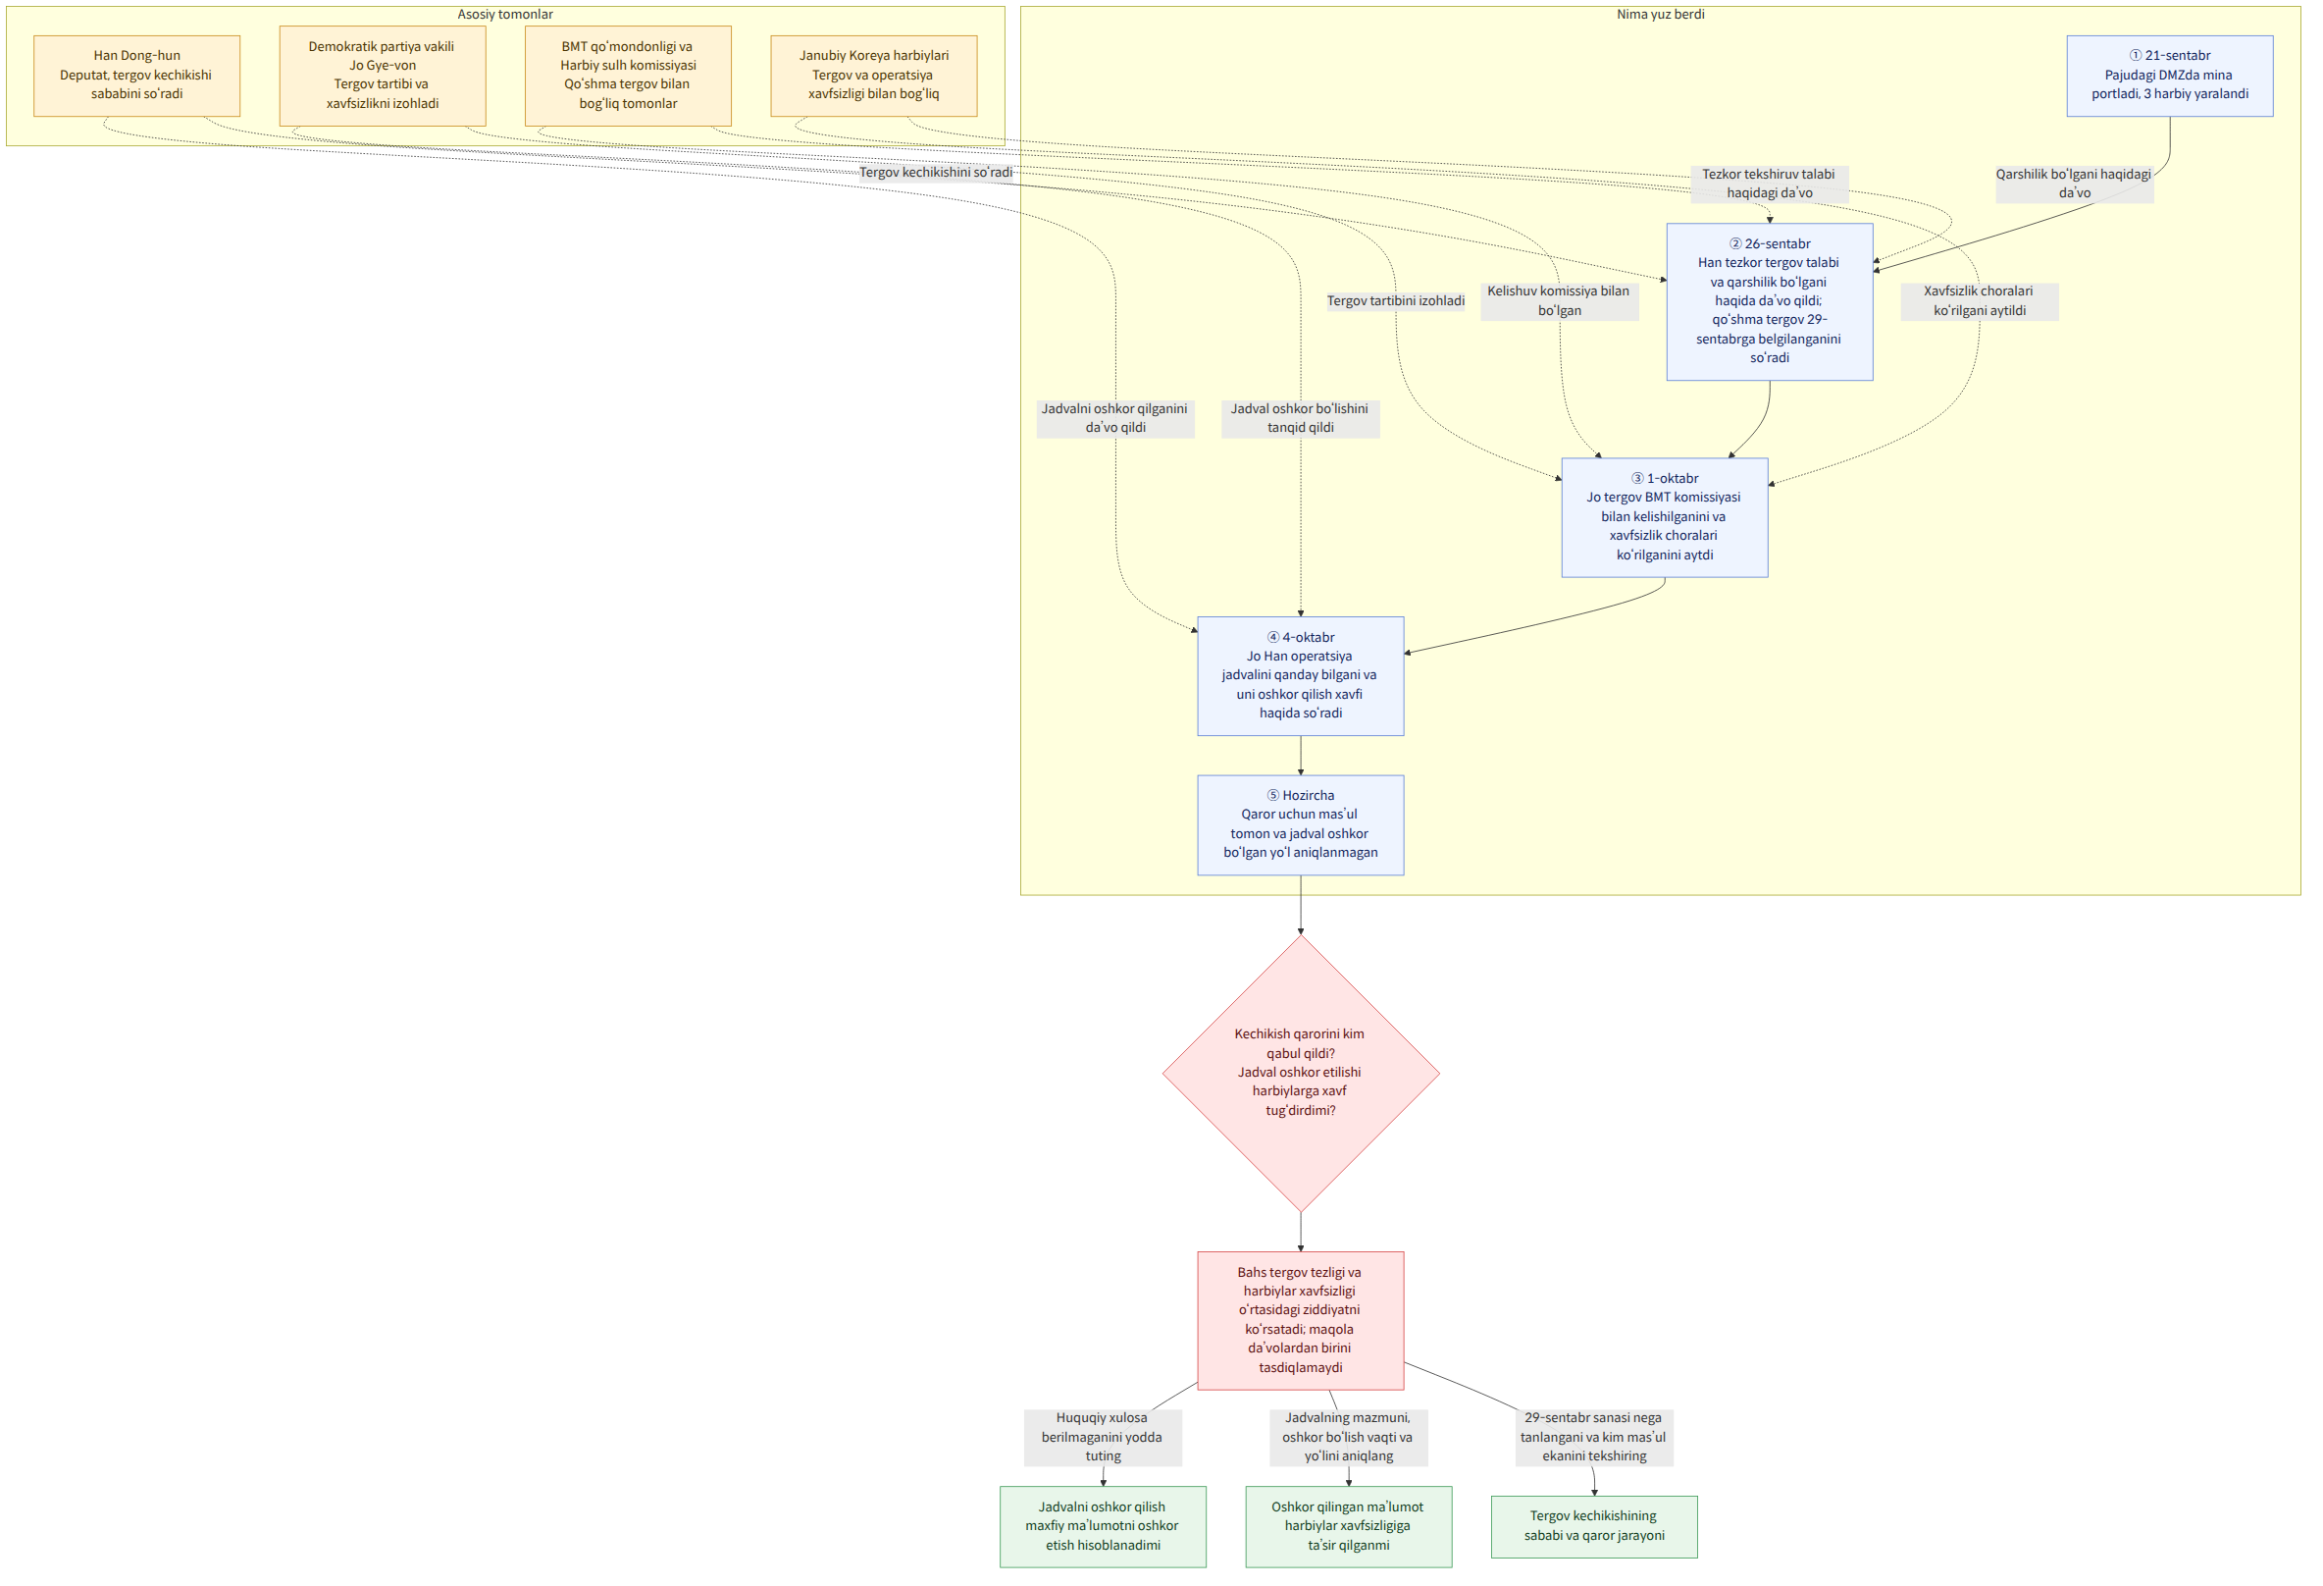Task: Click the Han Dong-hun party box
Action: tap(137, 76)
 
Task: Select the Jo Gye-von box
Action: tap(383, 76)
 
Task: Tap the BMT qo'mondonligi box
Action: tap(628, 76)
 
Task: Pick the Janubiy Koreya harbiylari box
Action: tap(874, 76)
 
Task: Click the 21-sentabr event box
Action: tap(2170, 76)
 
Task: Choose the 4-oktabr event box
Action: tap(1301, 676)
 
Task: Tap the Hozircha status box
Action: tap(1301, 825)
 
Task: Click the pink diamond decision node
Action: tap(1301, 1073)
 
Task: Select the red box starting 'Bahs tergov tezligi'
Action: tap(1301, 1320)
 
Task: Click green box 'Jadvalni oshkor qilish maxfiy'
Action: tap(1103, 1526)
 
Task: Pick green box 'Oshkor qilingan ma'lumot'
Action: tap(1349, 1526)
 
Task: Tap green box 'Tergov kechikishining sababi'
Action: tap(1594, 1526)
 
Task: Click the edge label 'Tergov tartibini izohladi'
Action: tap(1395, 301)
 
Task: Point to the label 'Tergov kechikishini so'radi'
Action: tap(936, 172)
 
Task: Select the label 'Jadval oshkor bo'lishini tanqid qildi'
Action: tap(1301, 418)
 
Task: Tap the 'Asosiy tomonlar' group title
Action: tap(505, 14)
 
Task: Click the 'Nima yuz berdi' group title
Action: tap(1660, 14)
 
